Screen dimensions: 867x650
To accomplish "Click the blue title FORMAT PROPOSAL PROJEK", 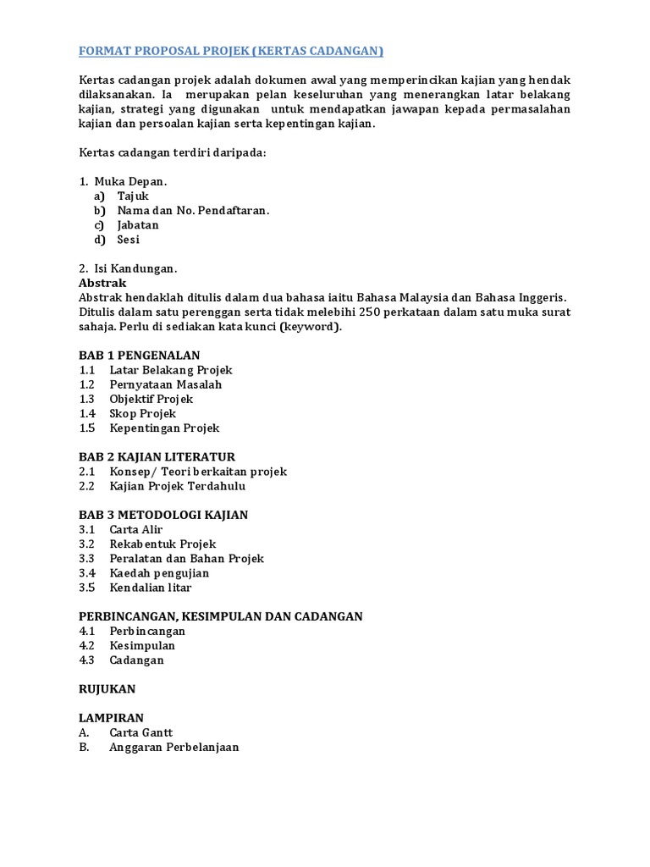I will [x=230, y=52].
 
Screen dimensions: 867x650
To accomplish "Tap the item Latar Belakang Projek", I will [x=170, y=370].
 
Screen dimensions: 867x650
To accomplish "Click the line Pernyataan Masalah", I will [x=165, y=384].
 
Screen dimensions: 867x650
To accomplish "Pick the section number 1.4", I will [x=87, y=413].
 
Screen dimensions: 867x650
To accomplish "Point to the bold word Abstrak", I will [x=102, y=283].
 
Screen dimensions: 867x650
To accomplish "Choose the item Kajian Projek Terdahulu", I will [x=178, y=486].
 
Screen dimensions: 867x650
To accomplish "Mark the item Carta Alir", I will [x=135, y=529].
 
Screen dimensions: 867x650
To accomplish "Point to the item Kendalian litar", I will [x=150, y=588].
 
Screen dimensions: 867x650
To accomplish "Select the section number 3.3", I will [x=87, y=559].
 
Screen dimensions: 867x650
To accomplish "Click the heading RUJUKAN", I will [x=107, y=689].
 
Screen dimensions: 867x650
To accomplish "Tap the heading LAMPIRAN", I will [x=111, y=718].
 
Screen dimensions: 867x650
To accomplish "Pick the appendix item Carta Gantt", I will [x=141, y=732].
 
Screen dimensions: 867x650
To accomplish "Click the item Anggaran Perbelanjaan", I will [x=174, y=747].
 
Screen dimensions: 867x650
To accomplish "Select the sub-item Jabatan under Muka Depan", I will [x=138, y=225].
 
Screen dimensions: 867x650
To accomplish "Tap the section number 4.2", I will [x=87, y=645].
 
